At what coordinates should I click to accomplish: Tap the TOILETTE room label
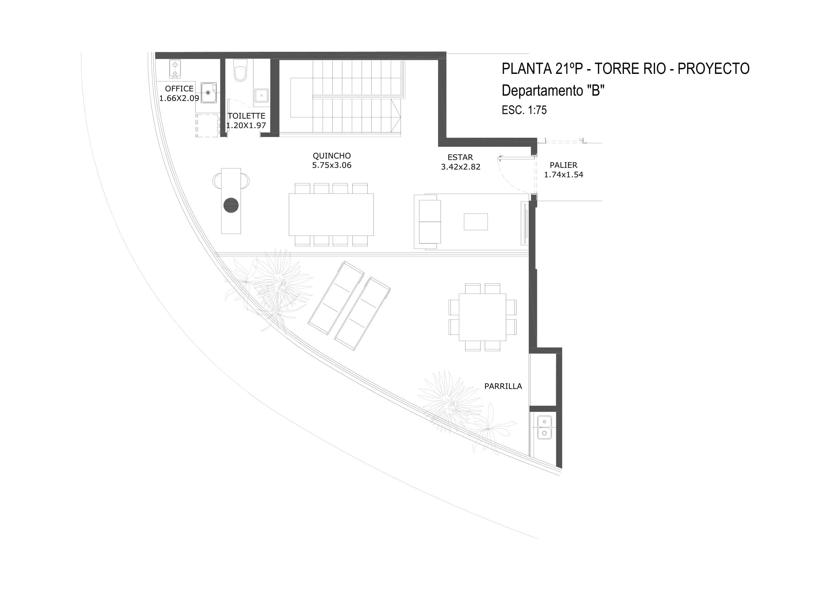247,116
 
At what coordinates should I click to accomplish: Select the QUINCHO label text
332,156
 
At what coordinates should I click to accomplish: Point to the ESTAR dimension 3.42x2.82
461,167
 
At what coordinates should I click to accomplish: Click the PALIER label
563,165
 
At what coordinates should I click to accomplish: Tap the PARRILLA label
503,387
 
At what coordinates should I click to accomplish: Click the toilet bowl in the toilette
240,70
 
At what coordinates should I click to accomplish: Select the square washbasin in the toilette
261,95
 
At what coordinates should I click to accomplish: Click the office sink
209,92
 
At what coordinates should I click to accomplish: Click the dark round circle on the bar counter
231,205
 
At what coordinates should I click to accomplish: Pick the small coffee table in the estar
476,222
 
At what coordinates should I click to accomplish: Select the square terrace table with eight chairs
482,317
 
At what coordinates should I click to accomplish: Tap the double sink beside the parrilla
544,428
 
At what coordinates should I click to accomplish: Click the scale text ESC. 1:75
524,110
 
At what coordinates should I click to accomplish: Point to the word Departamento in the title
542,91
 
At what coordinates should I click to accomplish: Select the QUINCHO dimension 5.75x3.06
332,165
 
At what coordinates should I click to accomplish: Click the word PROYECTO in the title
714,69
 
